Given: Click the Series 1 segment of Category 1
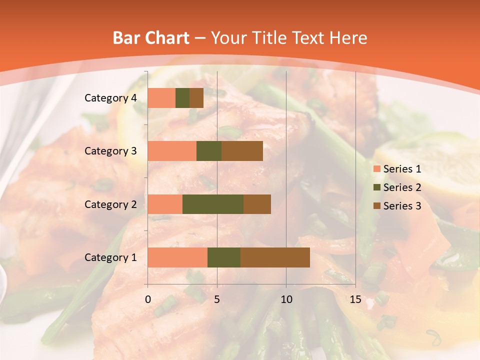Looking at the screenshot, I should coord(177,257).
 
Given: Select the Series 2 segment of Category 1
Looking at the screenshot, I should coord(224,257).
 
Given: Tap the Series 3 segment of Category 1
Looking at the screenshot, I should coord(275,257).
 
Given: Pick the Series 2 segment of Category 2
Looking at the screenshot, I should coord(213,204).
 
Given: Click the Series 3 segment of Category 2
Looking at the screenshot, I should coord(257,204).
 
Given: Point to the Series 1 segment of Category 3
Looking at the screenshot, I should coord(172,151).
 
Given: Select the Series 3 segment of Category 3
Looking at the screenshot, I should coord(242,151).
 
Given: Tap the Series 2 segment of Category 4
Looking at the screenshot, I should coord(182,98).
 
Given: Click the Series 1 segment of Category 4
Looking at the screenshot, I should coord(161,98).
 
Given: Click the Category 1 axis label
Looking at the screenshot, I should coord(110,257).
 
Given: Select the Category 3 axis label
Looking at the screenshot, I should coord(110,151).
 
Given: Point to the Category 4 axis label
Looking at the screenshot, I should coord(110,98).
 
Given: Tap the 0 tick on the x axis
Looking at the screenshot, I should coord(148,299).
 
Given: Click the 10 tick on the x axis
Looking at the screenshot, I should coord(286,299).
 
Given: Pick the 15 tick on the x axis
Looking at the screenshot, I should coord(355,299).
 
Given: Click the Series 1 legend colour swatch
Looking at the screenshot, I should coord(376,169).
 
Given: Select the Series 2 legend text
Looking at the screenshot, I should coord(402,187).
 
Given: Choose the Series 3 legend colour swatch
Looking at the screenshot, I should coord(376,206).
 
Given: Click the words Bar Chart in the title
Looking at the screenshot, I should coord(151,38).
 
